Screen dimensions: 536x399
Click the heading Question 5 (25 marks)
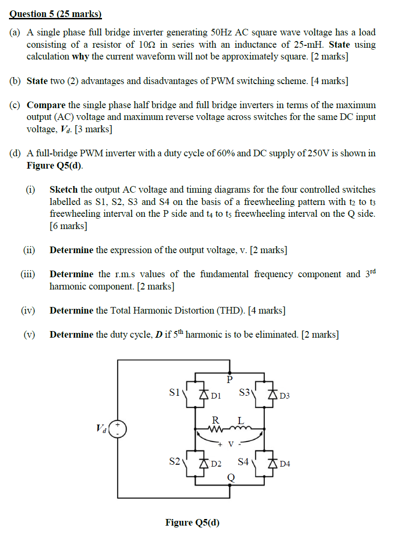(56, 14)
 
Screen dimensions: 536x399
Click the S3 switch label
(245, 392)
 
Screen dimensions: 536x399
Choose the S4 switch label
(244, 461)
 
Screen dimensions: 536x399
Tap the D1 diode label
(216, 396)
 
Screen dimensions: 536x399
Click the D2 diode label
(216, 464)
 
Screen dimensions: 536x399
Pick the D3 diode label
(285, 396)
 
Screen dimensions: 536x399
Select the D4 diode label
(285, 464)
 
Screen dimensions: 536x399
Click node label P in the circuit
(230, 379)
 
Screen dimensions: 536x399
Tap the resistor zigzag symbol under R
(216, 429)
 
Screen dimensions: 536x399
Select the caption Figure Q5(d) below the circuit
(193, 522)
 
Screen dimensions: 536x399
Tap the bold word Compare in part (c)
(46, 105)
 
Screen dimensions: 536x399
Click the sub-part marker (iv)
(28, 311)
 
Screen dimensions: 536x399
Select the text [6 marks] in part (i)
(68, 226)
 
